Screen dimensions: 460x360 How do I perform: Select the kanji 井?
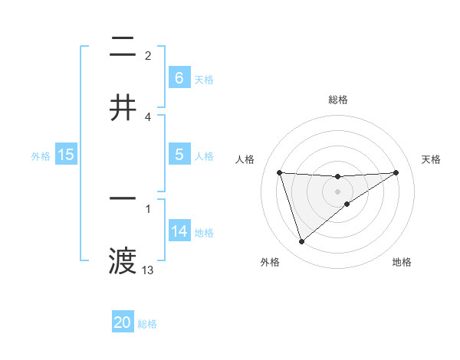[x=123, y=108]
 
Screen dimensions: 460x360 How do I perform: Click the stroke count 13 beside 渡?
[x=148, y=270]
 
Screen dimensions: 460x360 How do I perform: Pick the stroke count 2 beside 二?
[x=148, y=56]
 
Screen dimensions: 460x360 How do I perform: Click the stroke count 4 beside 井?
[x=148, y=117]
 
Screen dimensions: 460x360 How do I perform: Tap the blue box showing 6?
[x=179, y=78]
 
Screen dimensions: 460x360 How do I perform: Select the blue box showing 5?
[x=179, y=155]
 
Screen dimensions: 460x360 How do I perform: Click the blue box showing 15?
[x=66, y=155]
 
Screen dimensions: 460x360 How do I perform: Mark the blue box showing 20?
[x=123, y=322]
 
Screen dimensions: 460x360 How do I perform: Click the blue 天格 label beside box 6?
[x=204, y=79]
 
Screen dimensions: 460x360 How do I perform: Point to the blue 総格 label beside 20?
[x=147, y=323]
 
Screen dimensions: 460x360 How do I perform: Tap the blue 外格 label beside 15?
[x=41, y=155]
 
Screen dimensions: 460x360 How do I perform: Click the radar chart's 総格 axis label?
[x=338, y=100]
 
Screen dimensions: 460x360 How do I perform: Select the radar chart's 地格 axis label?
[x=402, y=262]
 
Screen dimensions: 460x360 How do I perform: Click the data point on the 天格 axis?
[x=396, y=172]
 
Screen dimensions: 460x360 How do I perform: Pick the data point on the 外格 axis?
[x=301, y=242]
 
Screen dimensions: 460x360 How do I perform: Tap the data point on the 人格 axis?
[x=279, y=172]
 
